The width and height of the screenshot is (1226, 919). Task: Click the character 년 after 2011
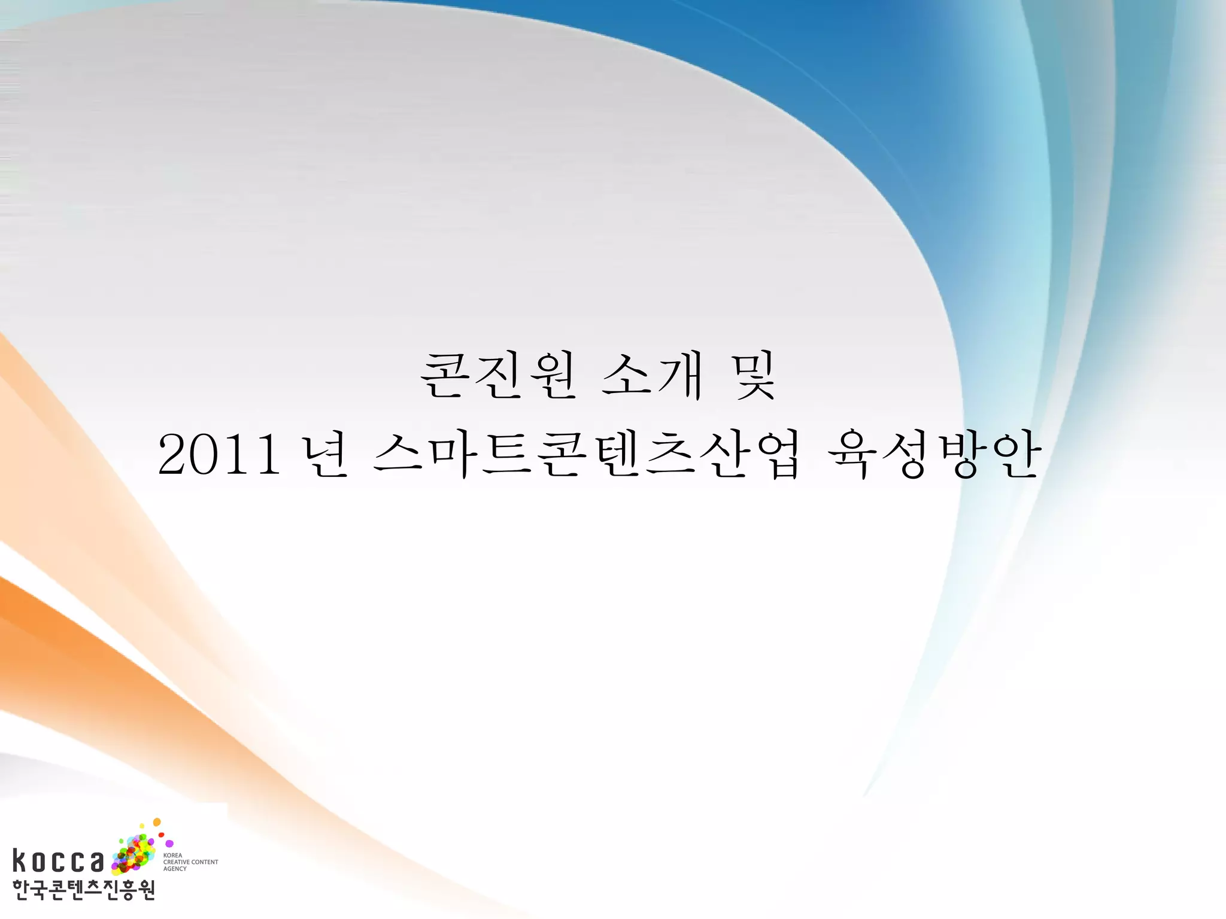tap(325, 456)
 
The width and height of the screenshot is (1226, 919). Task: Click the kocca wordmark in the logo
tap(58, 860)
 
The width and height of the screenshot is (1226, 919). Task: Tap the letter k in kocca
tap(20, 860)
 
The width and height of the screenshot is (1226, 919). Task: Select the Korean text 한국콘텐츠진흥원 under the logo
tap(84, 890)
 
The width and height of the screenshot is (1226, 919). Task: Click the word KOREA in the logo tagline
tap(172, 856)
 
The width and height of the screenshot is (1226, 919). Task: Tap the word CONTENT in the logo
tap(205, 862)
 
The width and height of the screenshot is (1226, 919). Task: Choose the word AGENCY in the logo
tap(175, 869)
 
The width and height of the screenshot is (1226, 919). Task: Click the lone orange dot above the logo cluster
tap(157, 823)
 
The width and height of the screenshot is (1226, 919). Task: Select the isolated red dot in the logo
tap(161, 835)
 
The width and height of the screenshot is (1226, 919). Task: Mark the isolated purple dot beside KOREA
tap(169, 844)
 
